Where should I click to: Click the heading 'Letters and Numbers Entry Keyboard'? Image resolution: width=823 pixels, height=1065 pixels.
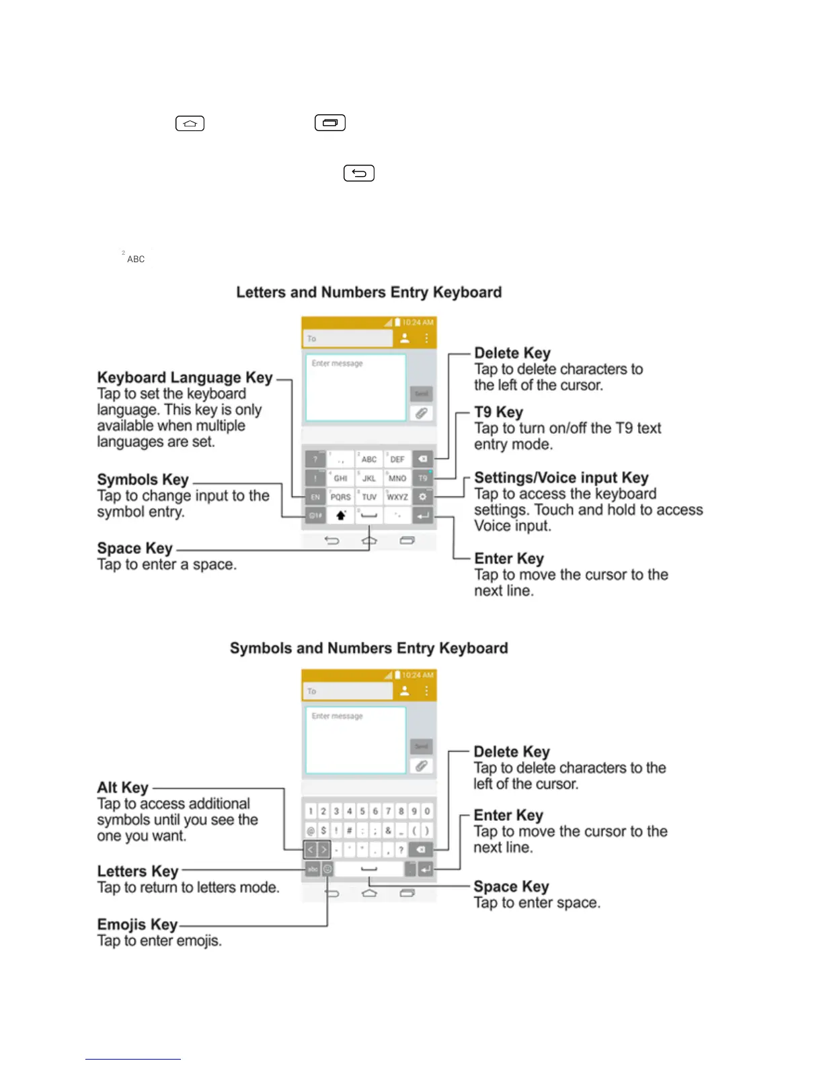(x=368, y=292)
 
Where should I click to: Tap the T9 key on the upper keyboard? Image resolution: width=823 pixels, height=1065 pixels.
(x=422, y=478)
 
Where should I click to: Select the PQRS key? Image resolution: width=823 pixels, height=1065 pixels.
(x=340, y=497)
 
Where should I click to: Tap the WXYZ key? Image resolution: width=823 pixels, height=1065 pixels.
(x=397, y=497)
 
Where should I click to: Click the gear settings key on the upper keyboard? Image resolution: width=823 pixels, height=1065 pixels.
(x=422, y=497)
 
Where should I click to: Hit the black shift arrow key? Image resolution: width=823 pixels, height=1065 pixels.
(x=341, y=516)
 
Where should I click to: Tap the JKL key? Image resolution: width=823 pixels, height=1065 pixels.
(x=368, y=478)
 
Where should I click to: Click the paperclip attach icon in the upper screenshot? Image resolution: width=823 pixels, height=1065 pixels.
(x=421, y=413)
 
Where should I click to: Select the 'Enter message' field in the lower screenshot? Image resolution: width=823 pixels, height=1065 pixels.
(x=356, y=740)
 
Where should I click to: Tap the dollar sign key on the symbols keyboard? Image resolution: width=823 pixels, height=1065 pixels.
(x=323, y=830)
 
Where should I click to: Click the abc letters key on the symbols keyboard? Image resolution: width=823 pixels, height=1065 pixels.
(x=313, y=869)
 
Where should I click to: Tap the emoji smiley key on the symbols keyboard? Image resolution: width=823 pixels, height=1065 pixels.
(x=327, y=869)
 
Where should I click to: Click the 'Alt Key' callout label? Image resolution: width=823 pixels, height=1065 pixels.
(x=122, y=787)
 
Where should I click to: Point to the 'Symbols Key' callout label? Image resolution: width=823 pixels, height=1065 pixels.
(x=143, y=479)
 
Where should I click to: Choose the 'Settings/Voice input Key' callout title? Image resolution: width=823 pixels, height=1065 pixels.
(x=561, y=477)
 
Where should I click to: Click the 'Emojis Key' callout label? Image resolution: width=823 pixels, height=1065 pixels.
(x=137, y=924)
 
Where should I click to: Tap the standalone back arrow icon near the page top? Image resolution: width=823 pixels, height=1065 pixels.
(x=359, y=173)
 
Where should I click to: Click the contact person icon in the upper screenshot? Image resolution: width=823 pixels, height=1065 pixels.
(x=405, y=338)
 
